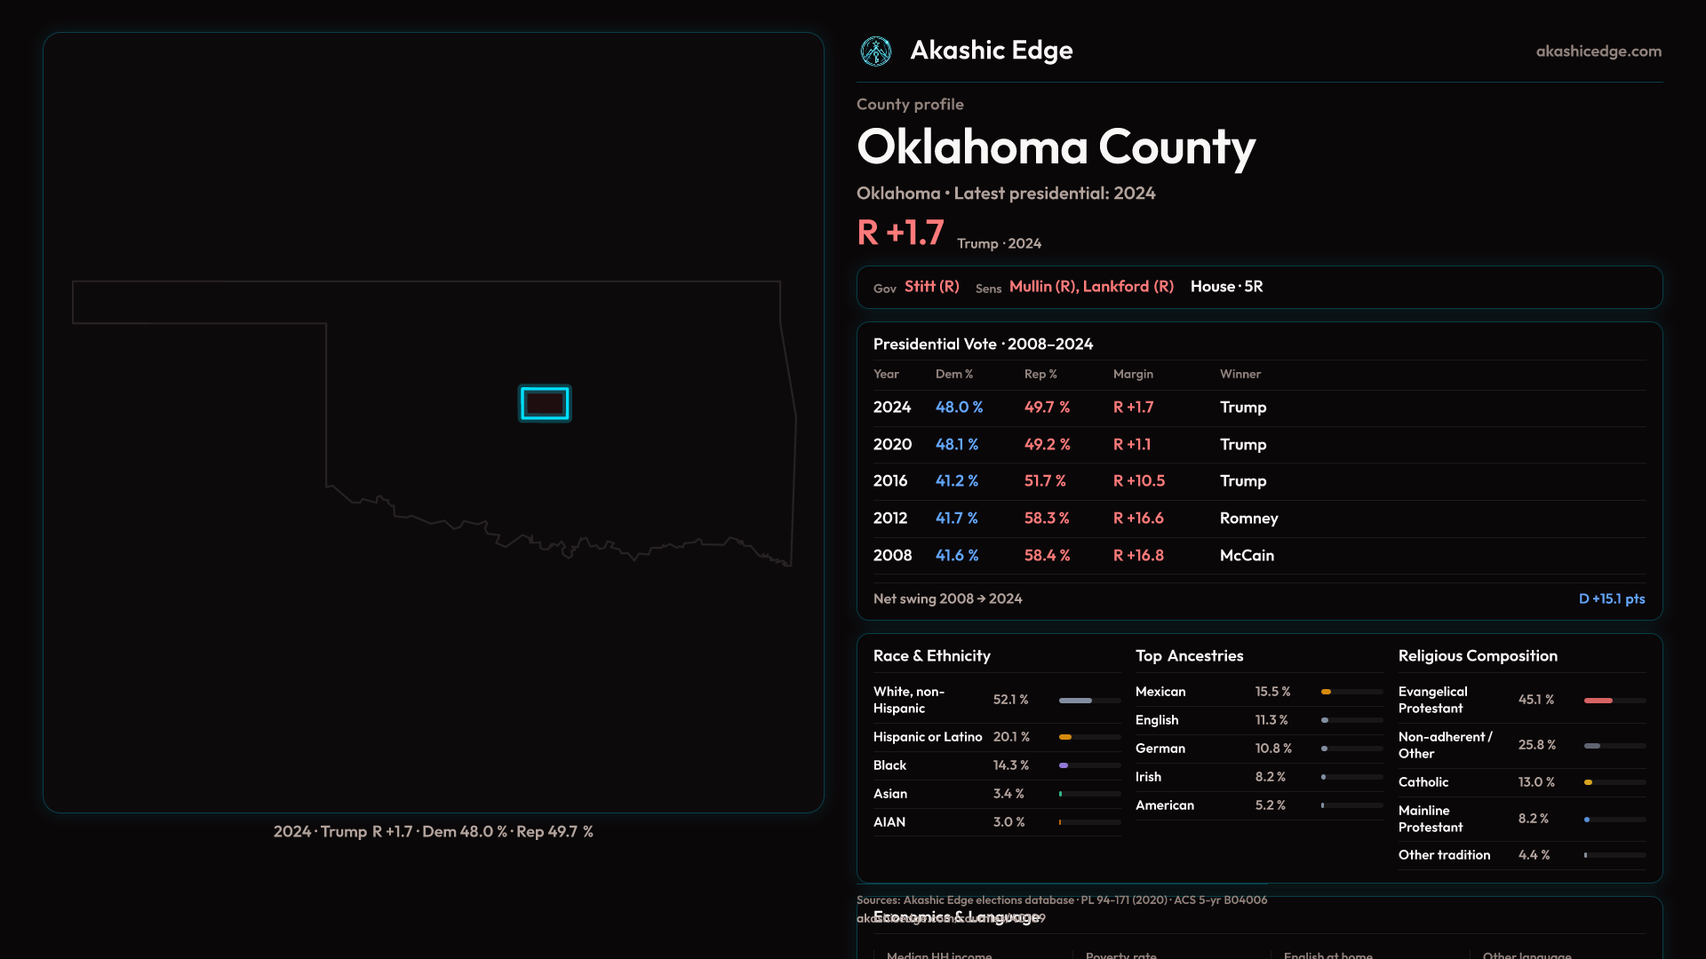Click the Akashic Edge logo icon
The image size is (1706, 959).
coord(876,51)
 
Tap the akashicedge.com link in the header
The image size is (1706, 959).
coord(1598,52)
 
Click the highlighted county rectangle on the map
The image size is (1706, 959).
coord(545,403)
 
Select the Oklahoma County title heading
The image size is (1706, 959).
coord(1056,147)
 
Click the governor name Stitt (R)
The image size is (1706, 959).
coord(931,287)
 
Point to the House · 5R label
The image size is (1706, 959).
coord(1226,287)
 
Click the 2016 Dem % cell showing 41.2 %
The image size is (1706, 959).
coord(957,480)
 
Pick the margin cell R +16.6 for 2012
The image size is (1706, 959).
coord(1138,518)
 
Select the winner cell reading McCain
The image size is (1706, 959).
coord(1247,555)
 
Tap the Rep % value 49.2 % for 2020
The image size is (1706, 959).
coord(1047,444)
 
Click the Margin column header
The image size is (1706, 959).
coord(1133,374)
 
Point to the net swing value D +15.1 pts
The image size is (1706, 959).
coord(1611,598)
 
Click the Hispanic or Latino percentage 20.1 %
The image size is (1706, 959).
coord(1011,737)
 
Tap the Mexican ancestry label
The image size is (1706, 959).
coord(1160,692)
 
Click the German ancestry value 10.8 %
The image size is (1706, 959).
coord(1273,749)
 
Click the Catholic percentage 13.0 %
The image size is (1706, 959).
coord(1536,782)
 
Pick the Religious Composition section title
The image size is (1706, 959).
coord(1478,655)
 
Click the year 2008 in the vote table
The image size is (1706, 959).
coord(892,555)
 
